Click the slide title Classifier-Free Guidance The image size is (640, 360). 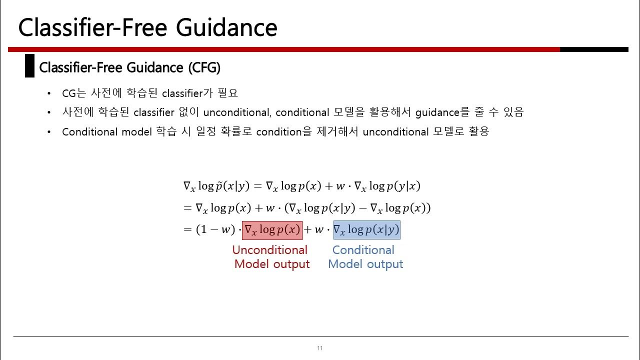tap(147, 27)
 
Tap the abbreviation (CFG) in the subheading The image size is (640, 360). tap(204, 67)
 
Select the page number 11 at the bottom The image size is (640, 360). tap(319, 348)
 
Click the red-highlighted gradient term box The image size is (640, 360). tap(272, 230)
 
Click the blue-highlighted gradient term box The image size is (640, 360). tap(366, 230)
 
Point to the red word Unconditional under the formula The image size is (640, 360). tap(269, 250)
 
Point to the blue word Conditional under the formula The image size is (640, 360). tap(363, 250)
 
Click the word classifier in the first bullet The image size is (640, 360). tap(184, 93)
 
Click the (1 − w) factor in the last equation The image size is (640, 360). tap(208, 230)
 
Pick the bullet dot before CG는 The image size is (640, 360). tap(48, 94)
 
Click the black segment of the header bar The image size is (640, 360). tap(593, 49)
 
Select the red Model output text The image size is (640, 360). tap(271, 264)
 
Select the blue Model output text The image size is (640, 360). tap(365, 264)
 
